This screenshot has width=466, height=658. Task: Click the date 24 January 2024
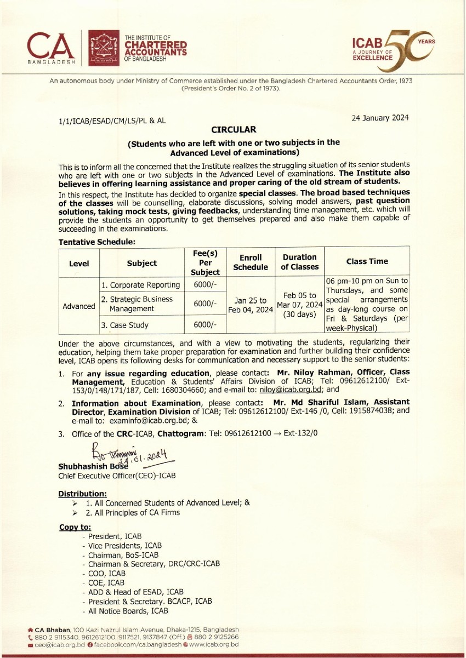pyautogui.click(x=381, y=118)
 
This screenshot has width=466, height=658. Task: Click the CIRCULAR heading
pyautogui.click(x=234, y=130)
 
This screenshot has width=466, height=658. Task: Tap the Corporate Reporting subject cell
pyautogui.click(x=140, y=285)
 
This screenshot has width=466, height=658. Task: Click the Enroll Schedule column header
pyautogui.click(x=251, y=262)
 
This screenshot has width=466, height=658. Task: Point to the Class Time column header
pyautogui.click(x=367, y=262)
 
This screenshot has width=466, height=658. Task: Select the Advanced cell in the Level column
pyautogui.click(x=79, y=306)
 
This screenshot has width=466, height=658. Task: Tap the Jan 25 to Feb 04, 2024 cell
pyautogui.click(x=251, y=305)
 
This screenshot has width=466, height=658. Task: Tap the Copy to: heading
pyautogui.click(x=75, y=527)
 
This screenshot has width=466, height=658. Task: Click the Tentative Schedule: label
pyautogui.click(x=97, y=241)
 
